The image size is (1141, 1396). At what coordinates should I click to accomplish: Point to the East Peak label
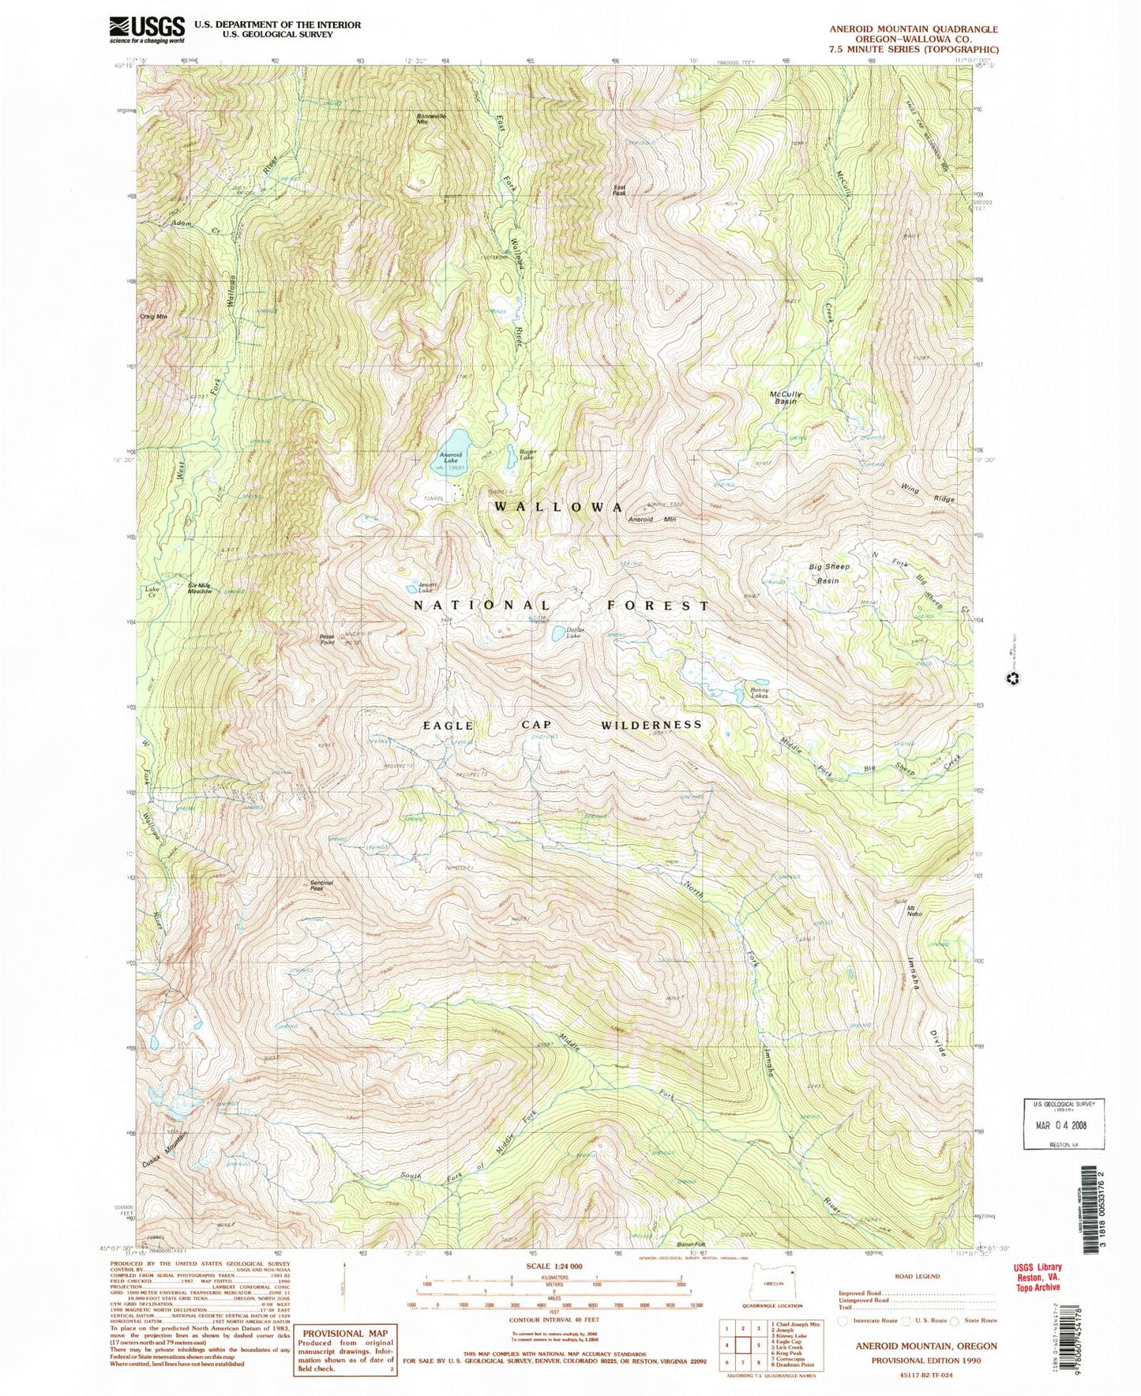point(620,189)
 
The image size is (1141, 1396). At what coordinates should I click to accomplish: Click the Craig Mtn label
point(155,316)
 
